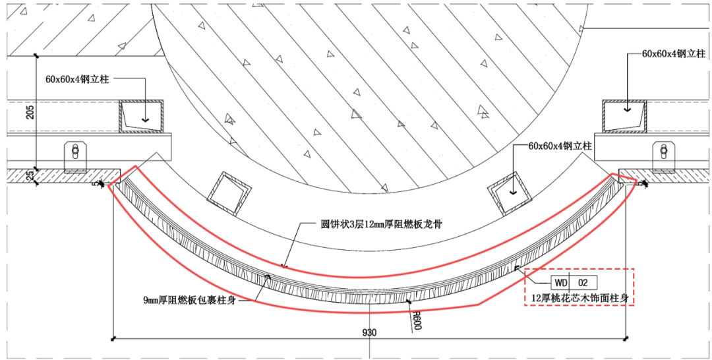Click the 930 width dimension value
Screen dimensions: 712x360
click(x=369, y=332)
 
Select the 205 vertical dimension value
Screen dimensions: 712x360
click(x=30, y=113)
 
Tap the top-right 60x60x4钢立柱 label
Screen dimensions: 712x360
click(x=668, y=54)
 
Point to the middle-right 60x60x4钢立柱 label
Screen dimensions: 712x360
click(x=560, y=146)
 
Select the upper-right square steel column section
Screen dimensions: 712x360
click(x=623, y=116)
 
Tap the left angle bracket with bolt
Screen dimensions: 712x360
click(x=75, y=156)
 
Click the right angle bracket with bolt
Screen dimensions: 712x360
click(x=663, y=156)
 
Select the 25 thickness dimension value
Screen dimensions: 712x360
click(x=30, y=175)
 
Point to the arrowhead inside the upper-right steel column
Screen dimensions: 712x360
click(x=626, y=107)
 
